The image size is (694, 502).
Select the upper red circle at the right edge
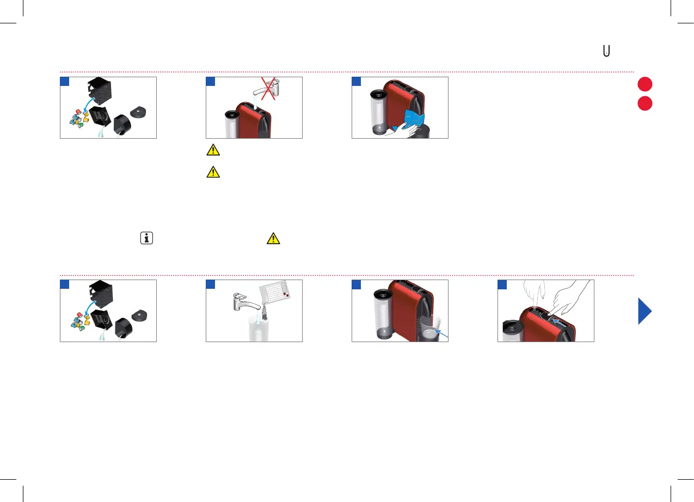click(x=645, y=85)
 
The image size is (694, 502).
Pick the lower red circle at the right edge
click(x=645, y=103)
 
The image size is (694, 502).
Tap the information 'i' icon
click(x=146, y=238)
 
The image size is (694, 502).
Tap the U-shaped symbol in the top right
click(x=606, y=51)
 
